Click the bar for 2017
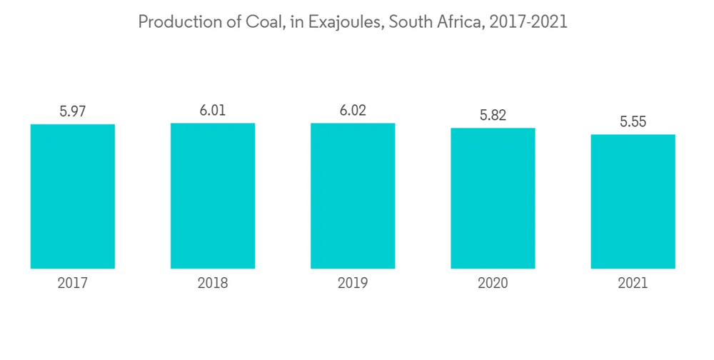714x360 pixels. [73, 196]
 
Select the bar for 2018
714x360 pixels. [213, 196]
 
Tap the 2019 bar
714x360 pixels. [353, 196]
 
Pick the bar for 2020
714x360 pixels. [493, 199]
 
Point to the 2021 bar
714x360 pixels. [633, 201]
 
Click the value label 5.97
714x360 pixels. [73, 111]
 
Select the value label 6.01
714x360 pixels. [213, 110]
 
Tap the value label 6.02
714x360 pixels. [353, 110]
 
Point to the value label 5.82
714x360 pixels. [493, 115]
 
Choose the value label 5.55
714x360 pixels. [633, 121]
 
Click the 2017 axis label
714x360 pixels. [73, 284]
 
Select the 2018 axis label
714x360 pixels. [213, 284]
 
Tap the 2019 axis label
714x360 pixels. [353, 284]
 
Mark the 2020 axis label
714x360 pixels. [493, 284]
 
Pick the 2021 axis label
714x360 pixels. [633, 284]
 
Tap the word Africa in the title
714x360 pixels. [458, 22]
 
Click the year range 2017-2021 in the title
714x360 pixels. [529, 22]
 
